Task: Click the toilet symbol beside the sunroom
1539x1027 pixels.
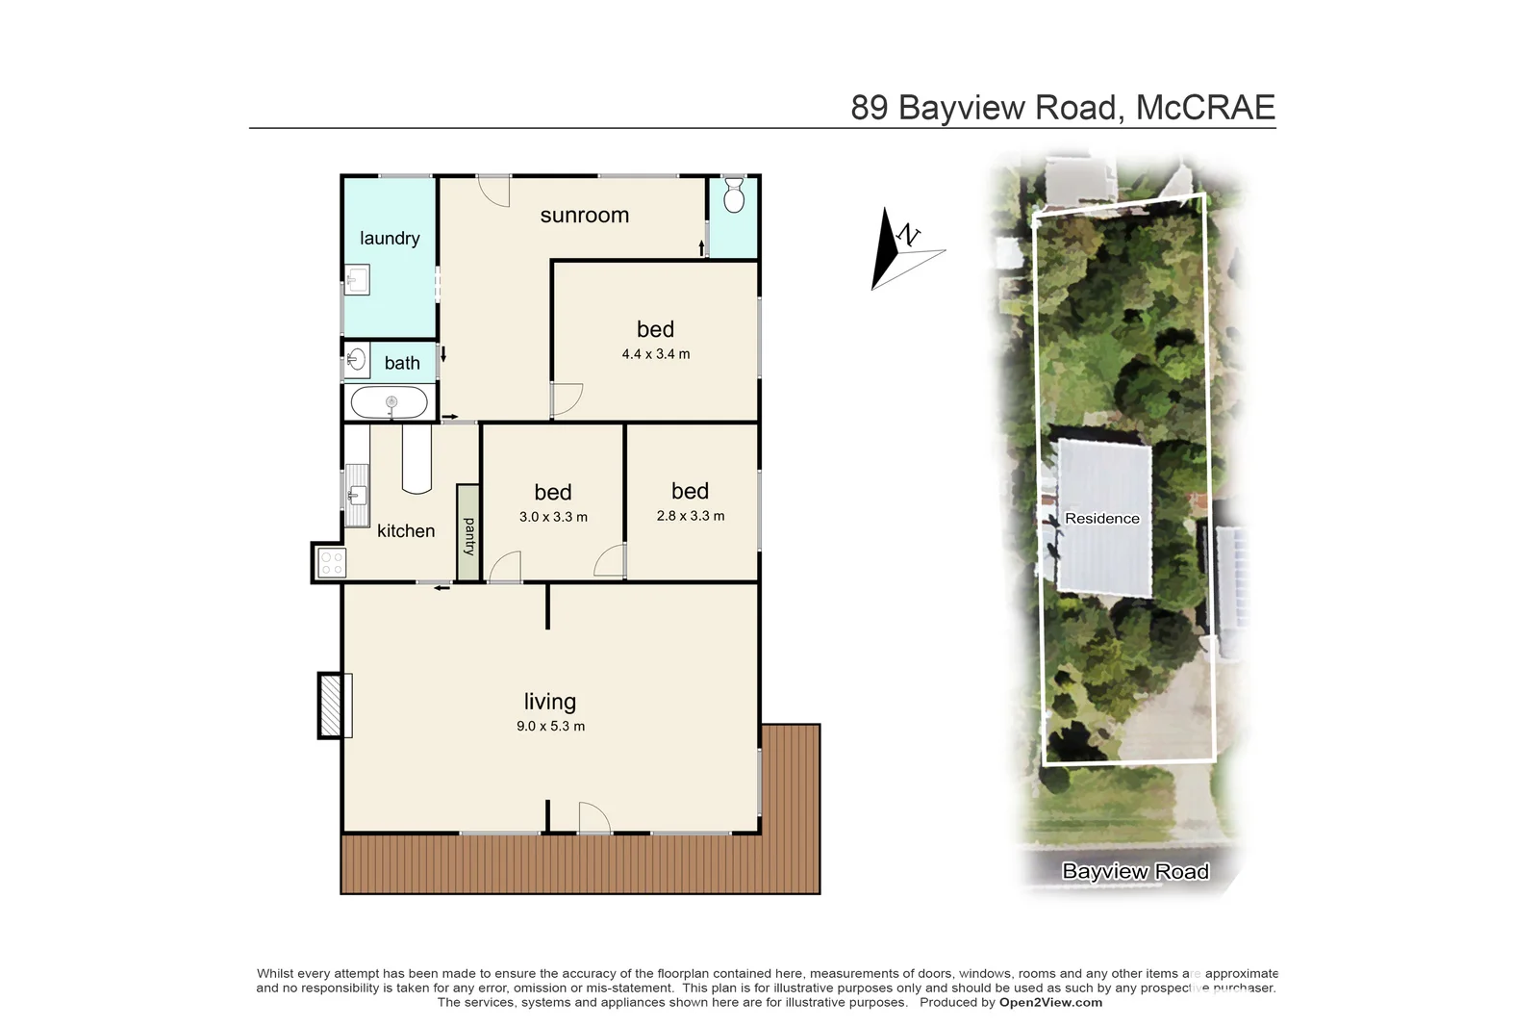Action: point(733,195)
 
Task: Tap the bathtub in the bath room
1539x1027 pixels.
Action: point(389,402)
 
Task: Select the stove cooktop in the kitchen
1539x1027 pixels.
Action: point(331,563)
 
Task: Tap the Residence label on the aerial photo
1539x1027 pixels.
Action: point(1101,518)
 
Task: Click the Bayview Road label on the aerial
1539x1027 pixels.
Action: point(1135,871)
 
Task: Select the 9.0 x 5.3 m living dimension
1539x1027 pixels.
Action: point(550,726)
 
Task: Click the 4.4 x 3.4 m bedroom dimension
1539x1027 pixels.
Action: point(655,354)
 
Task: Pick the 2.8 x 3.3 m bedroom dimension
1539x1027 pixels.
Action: point(690,516)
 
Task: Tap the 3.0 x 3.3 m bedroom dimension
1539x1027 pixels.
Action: point(553,517)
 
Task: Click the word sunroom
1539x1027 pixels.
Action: point(584,216)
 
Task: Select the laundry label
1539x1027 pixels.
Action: point(390,238)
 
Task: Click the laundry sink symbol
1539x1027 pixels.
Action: point(357,280)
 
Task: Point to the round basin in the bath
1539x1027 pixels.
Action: point(356,361)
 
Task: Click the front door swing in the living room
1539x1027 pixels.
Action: point(593,819)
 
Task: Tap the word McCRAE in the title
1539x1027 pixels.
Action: point(1205,107)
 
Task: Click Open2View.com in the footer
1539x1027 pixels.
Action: point(1050,1002)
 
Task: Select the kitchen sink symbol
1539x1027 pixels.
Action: point(356,496)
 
